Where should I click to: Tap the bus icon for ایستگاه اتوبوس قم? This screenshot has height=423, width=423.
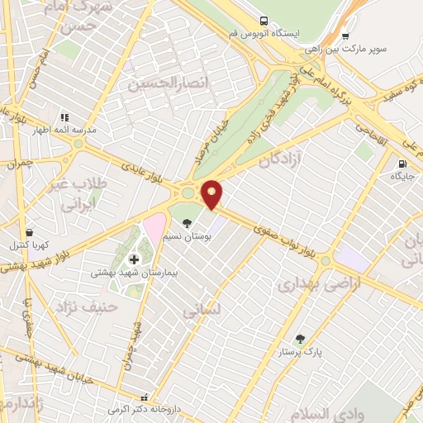click(262, 20)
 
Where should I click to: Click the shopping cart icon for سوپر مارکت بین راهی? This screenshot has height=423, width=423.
click(345, 36)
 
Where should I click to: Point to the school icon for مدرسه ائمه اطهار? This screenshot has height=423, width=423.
click(64, 116)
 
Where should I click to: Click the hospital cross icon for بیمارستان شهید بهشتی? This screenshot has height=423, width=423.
click(134, 259)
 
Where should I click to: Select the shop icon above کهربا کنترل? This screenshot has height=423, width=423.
click(30, 232)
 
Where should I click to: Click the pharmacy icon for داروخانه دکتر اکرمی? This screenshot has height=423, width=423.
click(145, 397)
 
